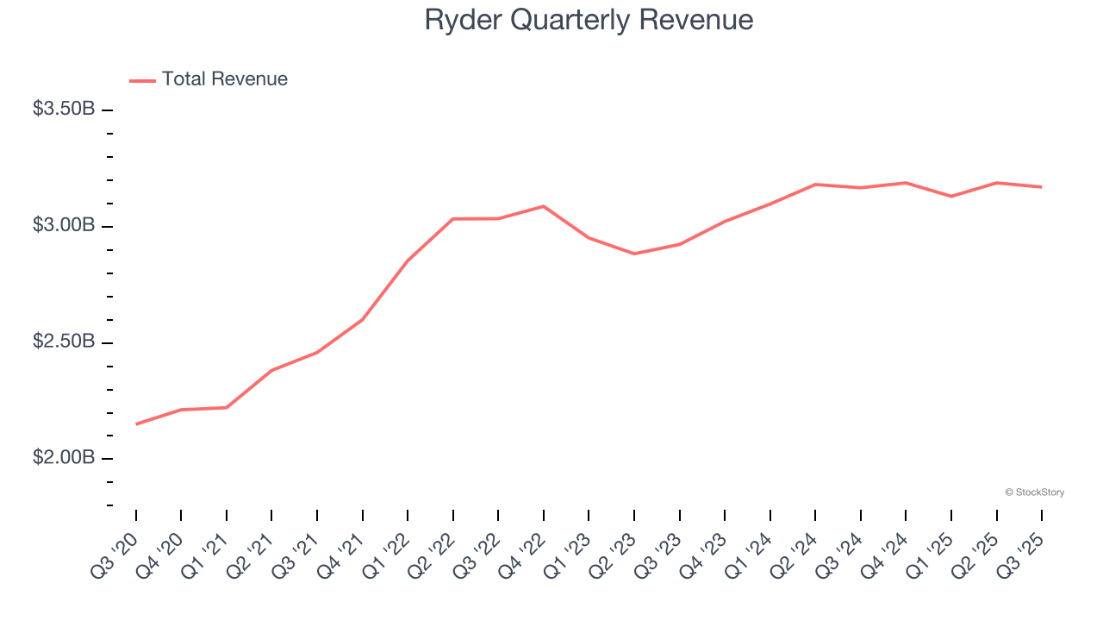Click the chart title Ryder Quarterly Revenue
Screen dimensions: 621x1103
(589, 20)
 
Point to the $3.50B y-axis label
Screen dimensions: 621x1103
(65, 110)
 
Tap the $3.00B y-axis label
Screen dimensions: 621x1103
(65, 226)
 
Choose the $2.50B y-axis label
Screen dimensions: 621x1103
(65, 342)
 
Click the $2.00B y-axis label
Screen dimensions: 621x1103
(65, 458)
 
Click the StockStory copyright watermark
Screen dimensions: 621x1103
(1034, 492)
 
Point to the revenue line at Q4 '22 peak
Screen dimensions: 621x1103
(544, 206)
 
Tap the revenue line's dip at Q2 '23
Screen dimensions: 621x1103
(634, 254)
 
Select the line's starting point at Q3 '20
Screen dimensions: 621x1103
(136, 423)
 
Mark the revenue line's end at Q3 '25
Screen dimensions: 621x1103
(1042, 187)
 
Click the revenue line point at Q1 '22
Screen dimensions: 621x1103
(408, 260)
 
